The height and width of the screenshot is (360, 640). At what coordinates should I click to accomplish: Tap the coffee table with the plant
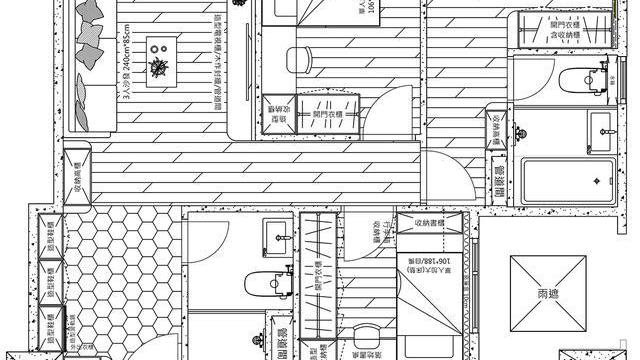coord(158,66)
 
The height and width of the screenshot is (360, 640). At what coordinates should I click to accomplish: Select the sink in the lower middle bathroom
coord(277,234)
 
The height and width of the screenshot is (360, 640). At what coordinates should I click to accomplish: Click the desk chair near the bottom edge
coord(359,346)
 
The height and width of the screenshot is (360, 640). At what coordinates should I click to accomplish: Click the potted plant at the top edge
coord(239,4)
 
